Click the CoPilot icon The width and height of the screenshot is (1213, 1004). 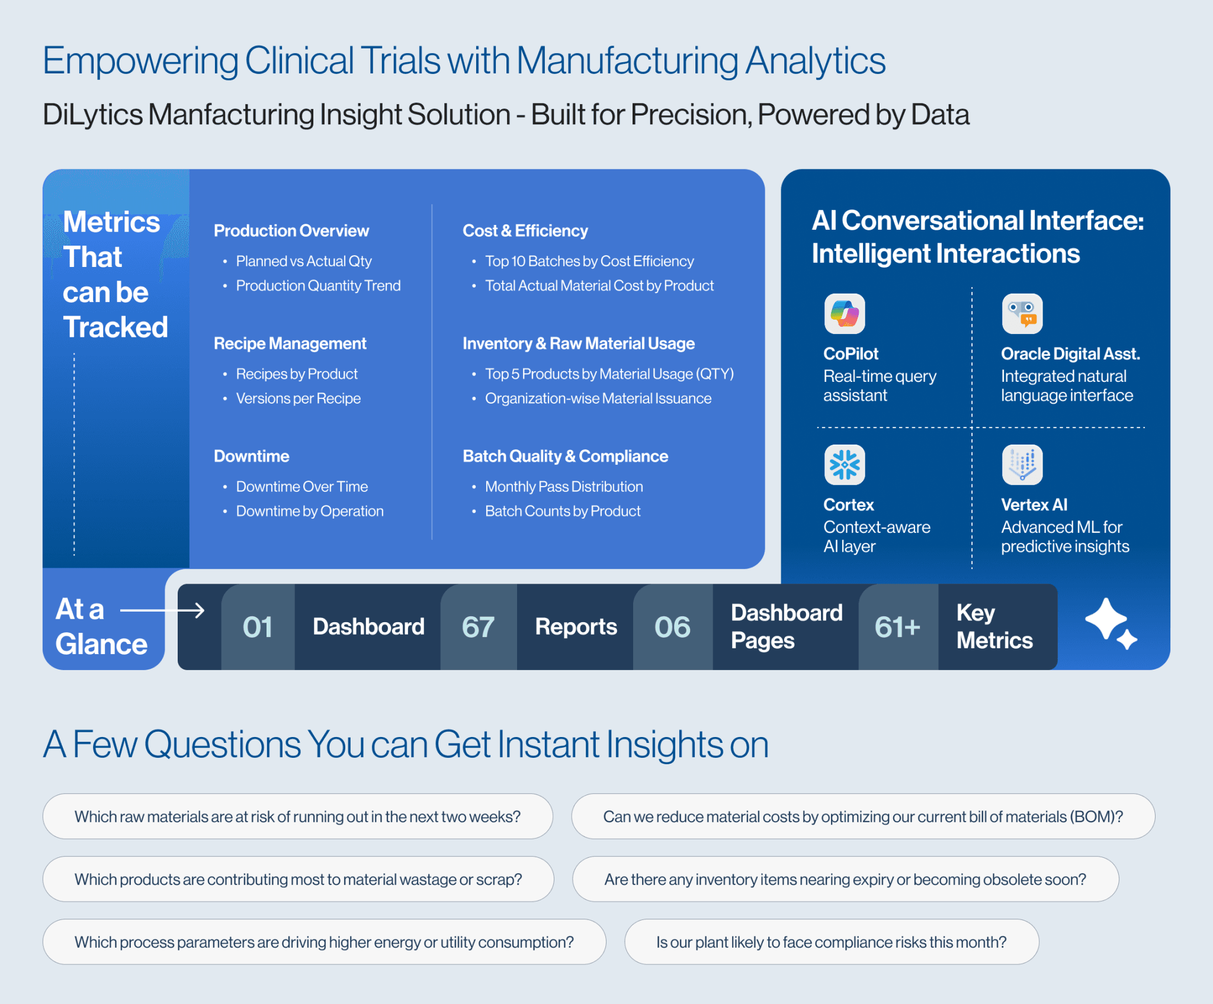[845, 314]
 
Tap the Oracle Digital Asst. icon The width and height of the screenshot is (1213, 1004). [1022, 314]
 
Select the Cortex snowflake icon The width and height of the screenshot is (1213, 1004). [845, 465]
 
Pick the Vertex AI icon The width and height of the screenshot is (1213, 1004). [1022, 465]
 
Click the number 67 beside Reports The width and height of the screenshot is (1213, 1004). [478, 627]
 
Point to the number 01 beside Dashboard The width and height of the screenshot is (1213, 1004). [258, 627]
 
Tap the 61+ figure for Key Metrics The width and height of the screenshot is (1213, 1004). [897, 627]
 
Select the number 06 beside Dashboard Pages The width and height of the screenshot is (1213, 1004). [672, 627]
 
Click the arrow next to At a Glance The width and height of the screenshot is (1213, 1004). [162, 610]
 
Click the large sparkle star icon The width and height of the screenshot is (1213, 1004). [1106, 619]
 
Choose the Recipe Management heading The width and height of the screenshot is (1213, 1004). [290, 343]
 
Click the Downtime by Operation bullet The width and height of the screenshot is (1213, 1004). [310, 511]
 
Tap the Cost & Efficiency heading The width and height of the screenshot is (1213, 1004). [525, 230]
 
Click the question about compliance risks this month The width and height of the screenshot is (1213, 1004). [832, 942]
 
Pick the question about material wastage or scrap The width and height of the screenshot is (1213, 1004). [298, 879]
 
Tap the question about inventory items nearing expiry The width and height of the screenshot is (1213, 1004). [845, 879]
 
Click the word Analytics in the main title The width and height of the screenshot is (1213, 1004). [816, 62]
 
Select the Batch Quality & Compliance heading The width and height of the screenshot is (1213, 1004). [565, 456]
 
